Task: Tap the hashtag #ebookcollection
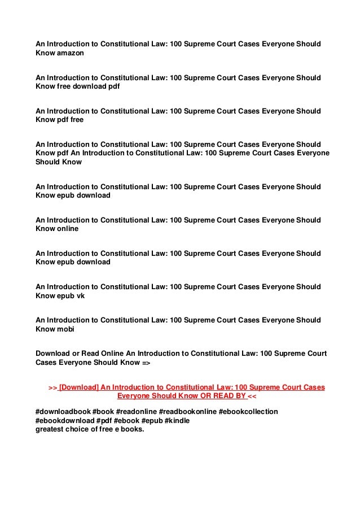tap(248, 412)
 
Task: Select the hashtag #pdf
tap(103, 421)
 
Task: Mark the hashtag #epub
tap(150, 421)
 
